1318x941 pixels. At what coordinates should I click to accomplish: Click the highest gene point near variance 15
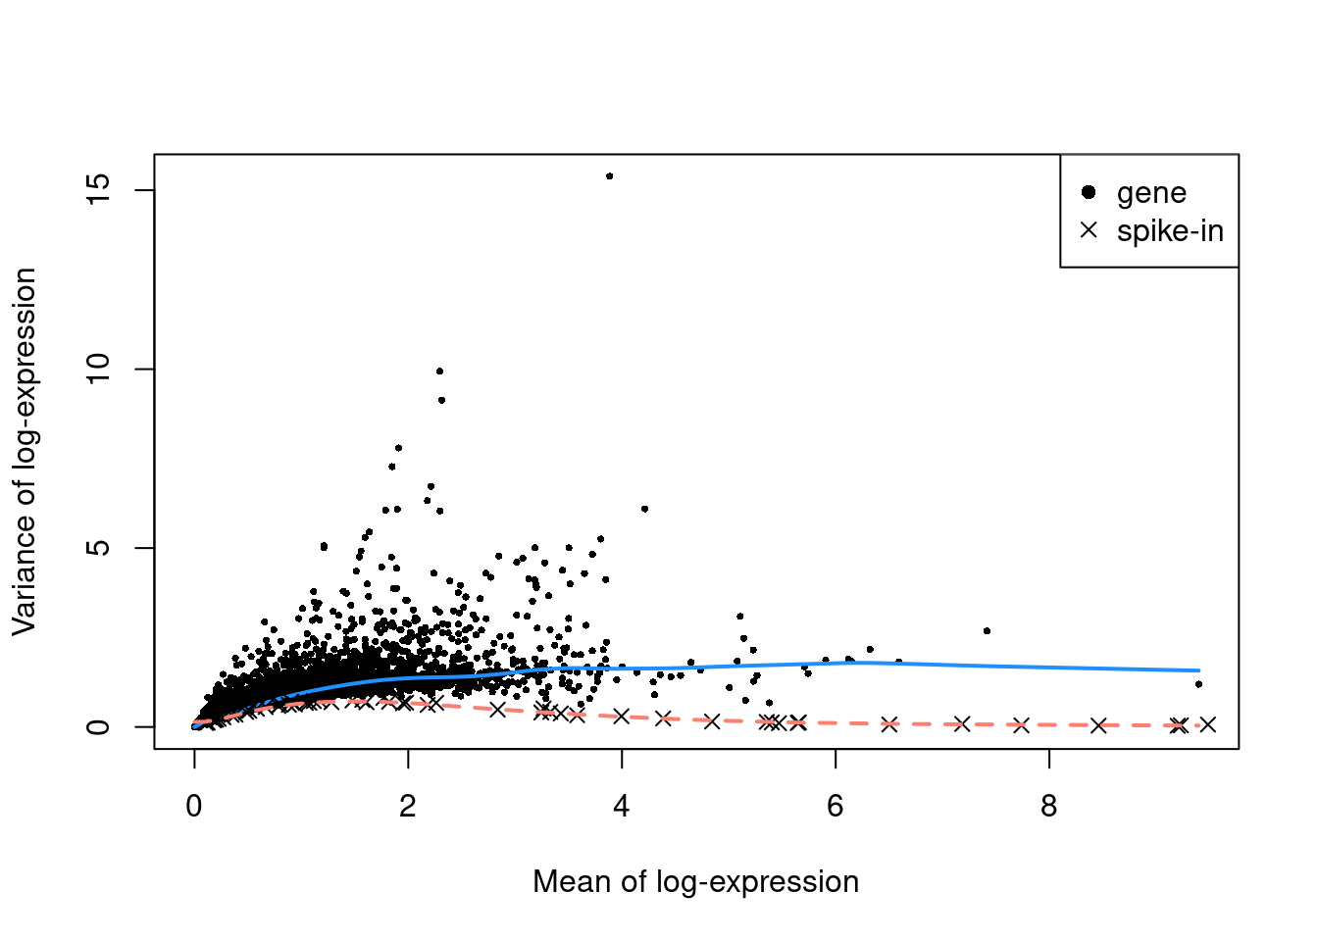[609, 176]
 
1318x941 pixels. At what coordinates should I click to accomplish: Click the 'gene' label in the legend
[1151, 193]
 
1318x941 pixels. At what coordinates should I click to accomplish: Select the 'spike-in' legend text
[1170, 231]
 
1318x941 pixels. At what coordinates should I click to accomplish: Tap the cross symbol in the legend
[1088, 230]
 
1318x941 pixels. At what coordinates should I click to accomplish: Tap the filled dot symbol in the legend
[1088, 192]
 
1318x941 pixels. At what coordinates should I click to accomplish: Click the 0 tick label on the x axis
[194, 807]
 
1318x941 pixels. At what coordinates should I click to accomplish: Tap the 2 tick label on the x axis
[408, 807]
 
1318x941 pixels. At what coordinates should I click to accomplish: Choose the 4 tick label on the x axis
[622, 807]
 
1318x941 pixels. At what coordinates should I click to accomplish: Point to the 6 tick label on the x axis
[836, 807]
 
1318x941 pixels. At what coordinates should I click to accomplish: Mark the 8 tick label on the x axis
[1049, 807]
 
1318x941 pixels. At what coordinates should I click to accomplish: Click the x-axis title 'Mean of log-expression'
[695, 882]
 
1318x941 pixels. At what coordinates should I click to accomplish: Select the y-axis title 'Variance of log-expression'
[25, 452]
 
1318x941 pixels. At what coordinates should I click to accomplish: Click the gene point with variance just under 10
[439, 371]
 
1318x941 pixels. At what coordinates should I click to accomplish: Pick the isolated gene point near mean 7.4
[987, 630]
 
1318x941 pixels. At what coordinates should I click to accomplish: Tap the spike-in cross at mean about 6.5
[888, 724]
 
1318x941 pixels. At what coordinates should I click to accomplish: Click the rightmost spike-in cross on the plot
[1208, 724]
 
